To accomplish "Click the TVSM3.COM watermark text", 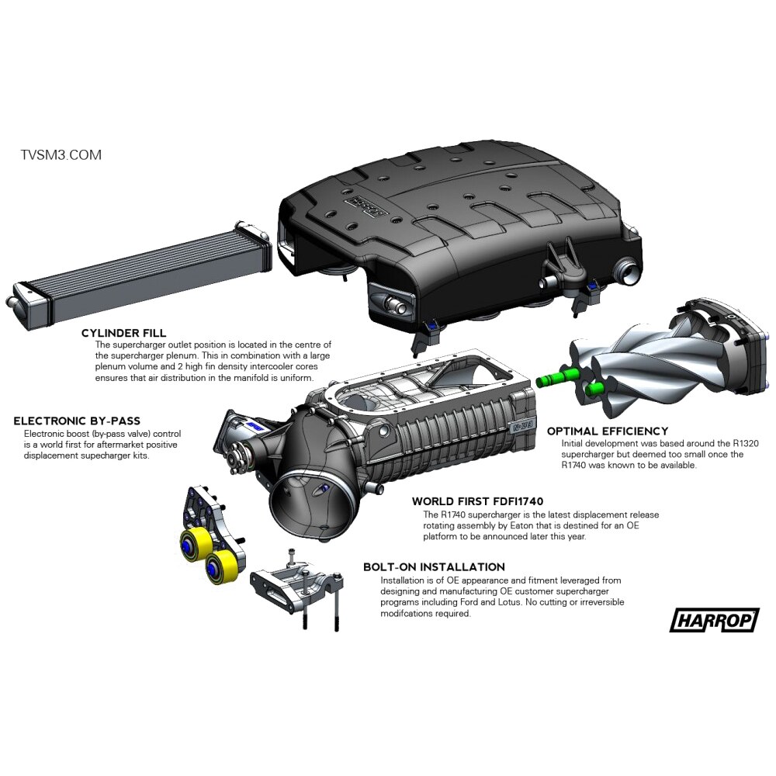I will (61, 155).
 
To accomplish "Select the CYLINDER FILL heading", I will (124, 333).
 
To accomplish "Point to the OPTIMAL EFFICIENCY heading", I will (608, 431).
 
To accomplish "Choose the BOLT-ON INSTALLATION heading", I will (434, 566).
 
